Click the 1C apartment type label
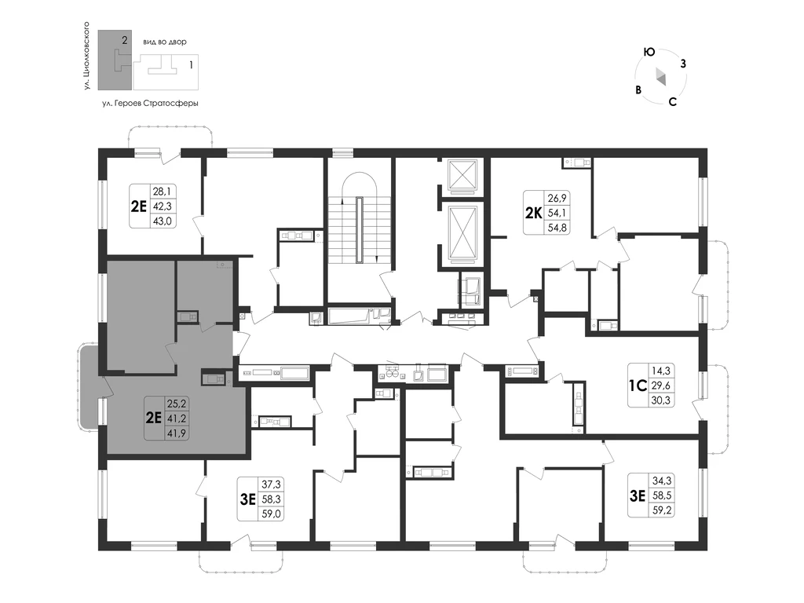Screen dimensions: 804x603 [638, 385]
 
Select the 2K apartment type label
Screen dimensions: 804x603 [533, 212]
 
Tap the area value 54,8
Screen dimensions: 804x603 [557, 227]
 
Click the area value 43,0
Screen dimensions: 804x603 [163, 221]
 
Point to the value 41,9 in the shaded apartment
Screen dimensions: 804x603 [177, 433]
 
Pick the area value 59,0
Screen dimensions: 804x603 [271, 513]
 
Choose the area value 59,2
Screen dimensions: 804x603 [661, 510]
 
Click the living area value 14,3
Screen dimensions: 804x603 [661, 371]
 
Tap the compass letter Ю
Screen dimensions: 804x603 [649, 53]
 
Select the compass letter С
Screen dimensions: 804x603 [673, 101]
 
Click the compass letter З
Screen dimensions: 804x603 [683, 64]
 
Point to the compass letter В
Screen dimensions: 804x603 [638, 90]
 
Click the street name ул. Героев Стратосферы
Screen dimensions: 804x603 [150, 103]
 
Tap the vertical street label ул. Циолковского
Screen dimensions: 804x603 [86, 57]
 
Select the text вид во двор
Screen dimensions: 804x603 [165, 42]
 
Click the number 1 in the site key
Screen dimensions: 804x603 [192, 65]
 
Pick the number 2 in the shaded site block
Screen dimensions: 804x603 [124, 39]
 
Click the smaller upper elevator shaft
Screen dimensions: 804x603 [462, 176]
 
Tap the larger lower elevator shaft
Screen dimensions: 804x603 [462, 233]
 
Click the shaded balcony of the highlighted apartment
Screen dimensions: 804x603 [91, 386]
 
